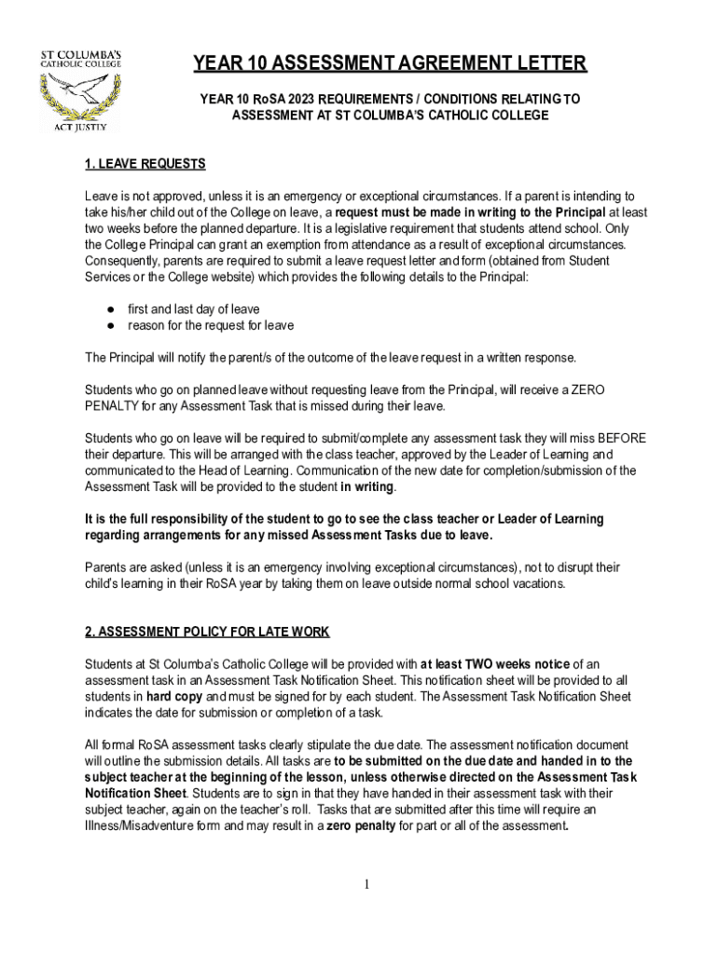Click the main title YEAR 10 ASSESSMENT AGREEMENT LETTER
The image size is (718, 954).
click(x=390, y=64)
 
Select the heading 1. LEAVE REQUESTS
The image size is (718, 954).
click(x=145, y=164)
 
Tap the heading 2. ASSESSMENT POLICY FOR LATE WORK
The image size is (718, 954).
click(x=207, y=633)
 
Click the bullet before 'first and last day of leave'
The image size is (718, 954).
click(x=110, y=308)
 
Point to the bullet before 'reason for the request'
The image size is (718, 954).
click(x=110, y=325)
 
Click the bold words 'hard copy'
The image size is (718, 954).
click(x=174, y=696)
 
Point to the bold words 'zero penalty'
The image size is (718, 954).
click(x=362, y=826)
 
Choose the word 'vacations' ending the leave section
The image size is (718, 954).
click(x=533, y=583)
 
